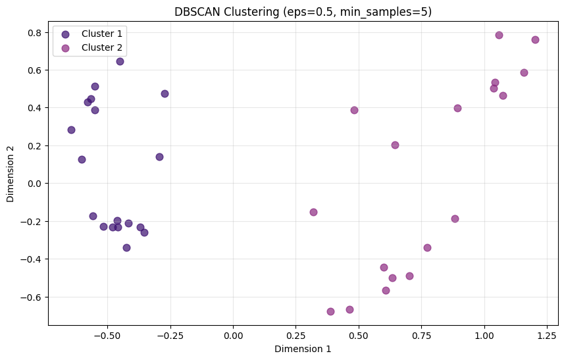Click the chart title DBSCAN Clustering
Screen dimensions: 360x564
pos(303,11)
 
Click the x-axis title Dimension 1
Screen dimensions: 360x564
pos(303,349)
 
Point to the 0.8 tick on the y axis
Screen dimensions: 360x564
pos(34,32)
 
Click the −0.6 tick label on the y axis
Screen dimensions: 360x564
pos(32,297)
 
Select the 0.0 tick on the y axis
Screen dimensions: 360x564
pos(34,184)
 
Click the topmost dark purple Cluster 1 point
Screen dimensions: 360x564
pos(120,61)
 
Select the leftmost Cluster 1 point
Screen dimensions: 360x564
pos(71,130)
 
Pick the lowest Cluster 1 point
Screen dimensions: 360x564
pos(126,247)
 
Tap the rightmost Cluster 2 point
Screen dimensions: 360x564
pos(535,39)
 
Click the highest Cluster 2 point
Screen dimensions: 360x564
pos(499,35)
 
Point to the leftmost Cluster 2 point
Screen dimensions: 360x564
pos(313,212)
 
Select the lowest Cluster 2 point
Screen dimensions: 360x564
pos(330,311)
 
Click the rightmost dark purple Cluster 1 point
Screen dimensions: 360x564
pos(165,93)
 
